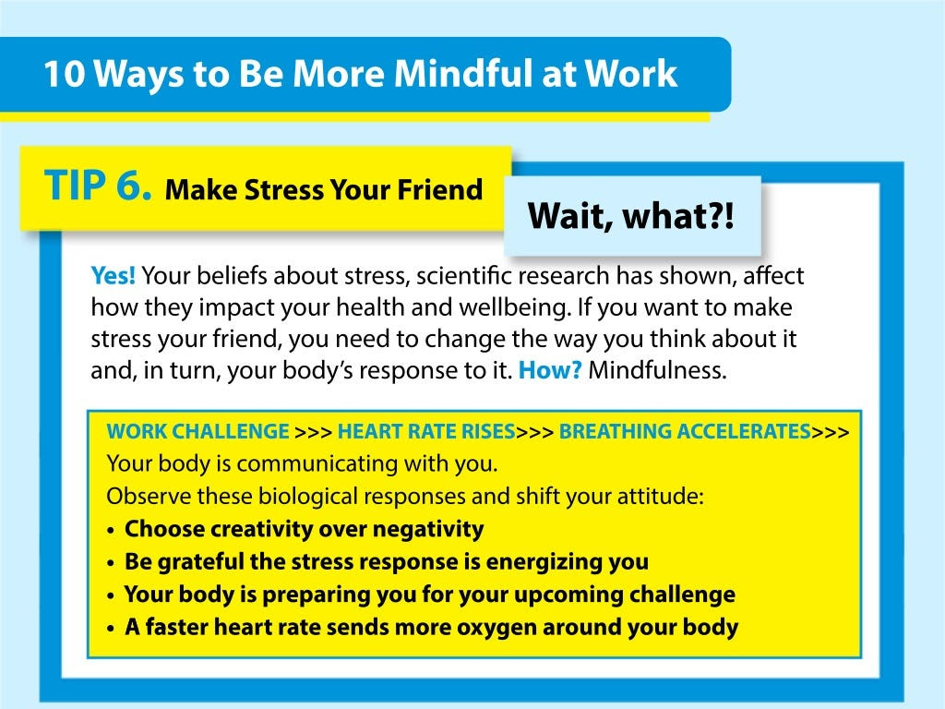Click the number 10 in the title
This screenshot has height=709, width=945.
pos(65,74)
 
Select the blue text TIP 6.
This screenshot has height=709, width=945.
pos(98,185)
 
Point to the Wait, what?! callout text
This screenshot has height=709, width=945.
pos(631,216)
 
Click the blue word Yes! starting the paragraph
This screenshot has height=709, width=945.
pos(114,275)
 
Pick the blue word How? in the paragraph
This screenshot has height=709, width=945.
pos(550,369)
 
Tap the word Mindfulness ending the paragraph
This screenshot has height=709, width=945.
pos(657,369)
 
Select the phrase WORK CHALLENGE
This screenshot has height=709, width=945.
pos(197,432)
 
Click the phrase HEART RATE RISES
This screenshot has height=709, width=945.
pos(426,432)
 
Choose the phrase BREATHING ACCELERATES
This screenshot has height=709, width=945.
pos(685,432)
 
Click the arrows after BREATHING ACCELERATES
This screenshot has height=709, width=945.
pos(830,432)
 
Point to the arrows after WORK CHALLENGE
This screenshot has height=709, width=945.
pos(314,432)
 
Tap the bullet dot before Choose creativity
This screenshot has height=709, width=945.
pos(111,531)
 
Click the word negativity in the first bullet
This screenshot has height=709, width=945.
pos(428,529)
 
